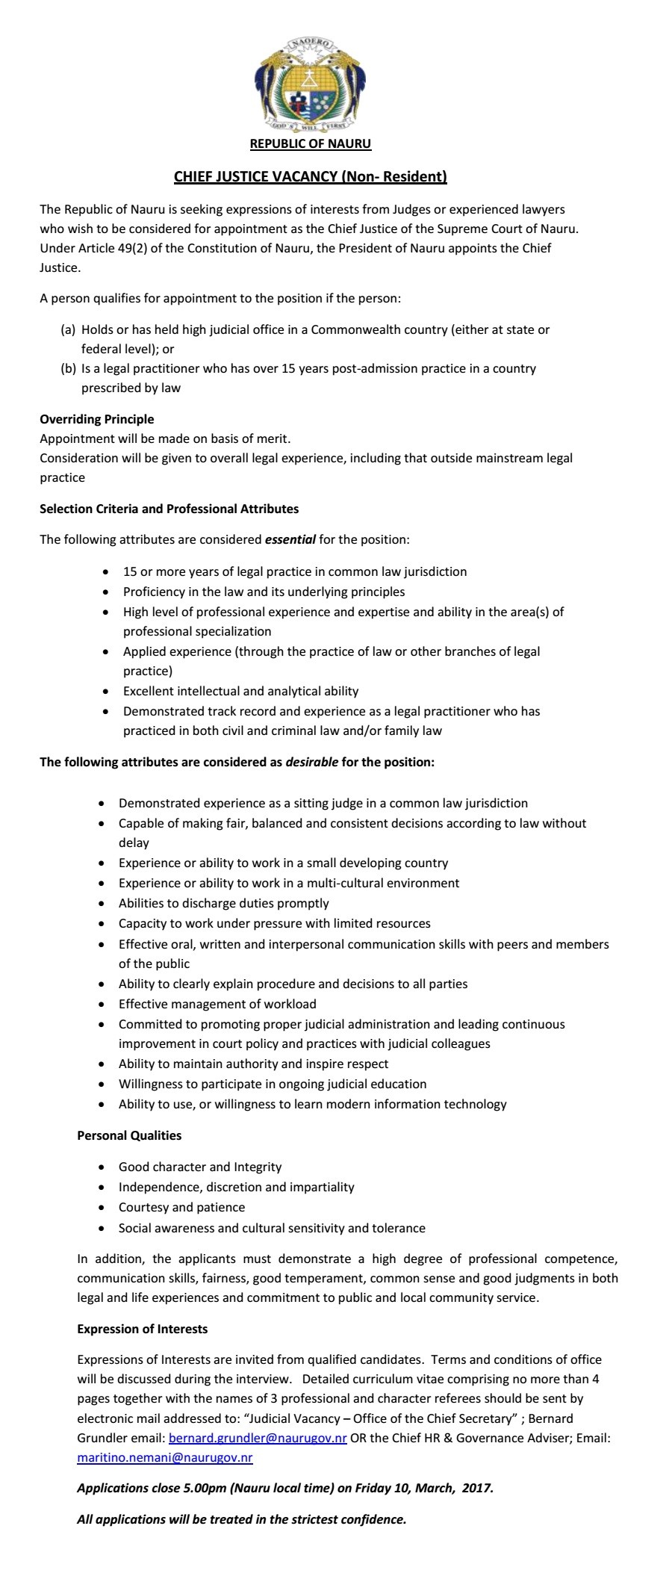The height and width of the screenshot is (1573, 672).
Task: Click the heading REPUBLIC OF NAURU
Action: click(x=310, y=143)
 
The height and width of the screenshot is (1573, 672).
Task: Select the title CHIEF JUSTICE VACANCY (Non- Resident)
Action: click(x=310, y=177)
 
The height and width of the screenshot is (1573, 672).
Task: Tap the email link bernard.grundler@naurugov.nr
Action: click(x=258, y=1438)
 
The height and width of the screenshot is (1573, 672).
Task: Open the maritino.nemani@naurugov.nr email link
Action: click(x=164, y=1457)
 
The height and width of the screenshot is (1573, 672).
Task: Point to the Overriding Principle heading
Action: click(x=97, y=419)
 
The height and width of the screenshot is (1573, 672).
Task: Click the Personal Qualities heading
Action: click(x=129, y=1135)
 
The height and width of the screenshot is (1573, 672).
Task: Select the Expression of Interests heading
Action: click(x=143, y=1329)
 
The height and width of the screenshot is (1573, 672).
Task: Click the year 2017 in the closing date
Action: click(x=476, y=1488)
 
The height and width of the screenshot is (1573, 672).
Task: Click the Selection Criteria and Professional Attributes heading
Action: click(x=169, y=509)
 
